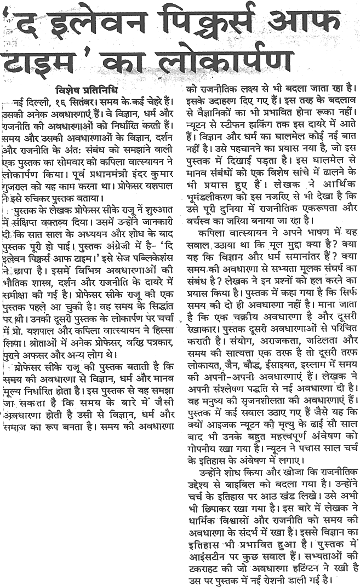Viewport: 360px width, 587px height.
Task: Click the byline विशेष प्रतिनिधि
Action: (87, 90)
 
